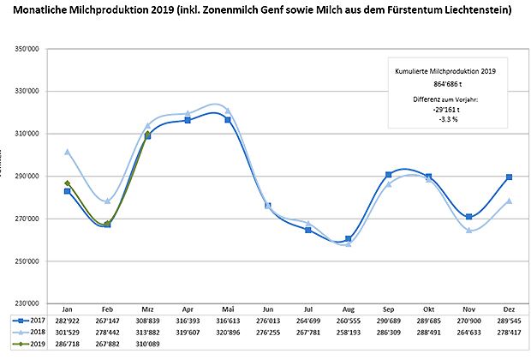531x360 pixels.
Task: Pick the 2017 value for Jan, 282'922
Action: pyautogui.click(x=67, y=317)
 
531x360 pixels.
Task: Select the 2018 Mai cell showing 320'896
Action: pyautogui.click(x=228, y=330)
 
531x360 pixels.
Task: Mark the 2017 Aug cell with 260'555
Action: pyautogui.click(x=349, y=317)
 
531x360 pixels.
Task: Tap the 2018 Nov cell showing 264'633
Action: pyautogui.click(x=469, y=330)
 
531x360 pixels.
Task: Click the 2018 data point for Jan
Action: pyautogui.click(x=67, y=152)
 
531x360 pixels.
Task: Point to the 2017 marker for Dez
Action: pyautogui.click(x=510, y=177)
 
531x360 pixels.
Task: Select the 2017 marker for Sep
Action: pyautogui.click(x=389, y=175)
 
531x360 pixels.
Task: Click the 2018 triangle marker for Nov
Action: pyautogui.click(x=469, y=230)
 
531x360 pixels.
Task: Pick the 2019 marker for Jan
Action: pyautogui.click(x=67, y=183)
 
